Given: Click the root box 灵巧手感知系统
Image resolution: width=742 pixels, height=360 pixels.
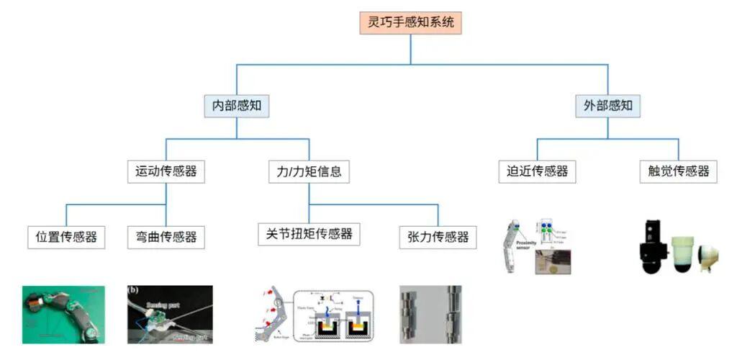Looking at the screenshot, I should click(410, 22).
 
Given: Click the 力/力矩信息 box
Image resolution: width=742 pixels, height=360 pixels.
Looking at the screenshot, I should click(309, 172).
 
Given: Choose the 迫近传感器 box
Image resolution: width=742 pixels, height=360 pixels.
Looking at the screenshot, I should click(537, 171).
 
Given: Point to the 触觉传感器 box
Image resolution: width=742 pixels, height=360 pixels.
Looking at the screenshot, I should click(678, 171).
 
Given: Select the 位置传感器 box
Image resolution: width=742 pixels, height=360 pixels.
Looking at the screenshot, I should click(66, 236).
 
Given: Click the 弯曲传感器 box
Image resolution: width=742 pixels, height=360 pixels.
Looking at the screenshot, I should click(166, 236).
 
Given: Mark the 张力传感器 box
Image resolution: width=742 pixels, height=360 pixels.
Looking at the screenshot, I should click(438, 236).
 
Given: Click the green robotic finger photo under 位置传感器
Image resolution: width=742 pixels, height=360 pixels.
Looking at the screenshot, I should click(63, 315).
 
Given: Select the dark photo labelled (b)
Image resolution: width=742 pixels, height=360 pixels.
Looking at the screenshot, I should click(170, 315).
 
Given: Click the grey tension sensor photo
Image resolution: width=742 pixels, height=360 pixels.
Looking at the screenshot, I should click(430, 315).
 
